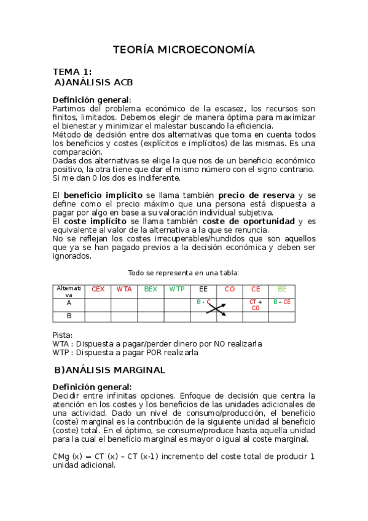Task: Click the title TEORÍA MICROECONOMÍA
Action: point(184,50)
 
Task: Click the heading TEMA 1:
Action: point(72,72)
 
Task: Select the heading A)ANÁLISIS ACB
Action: point(93,82)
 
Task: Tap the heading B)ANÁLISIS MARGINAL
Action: point(109,370)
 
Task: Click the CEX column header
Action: point(98,289)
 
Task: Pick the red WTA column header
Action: point(124,289)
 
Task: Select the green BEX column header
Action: point(151,289)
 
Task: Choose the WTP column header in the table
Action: point(177,289)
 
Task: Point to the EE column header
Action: point(203,289)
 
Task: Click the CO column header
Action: point(230,289)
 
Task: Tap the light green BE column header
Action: point(282,289)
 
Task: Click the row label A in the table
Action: point(69,302)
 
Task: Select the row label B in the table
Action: point(69,316)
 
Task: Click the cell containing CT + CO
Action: point(256,305)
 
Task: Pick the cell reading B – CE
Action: point(282,302)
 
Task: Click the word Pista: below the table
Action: point(63,335)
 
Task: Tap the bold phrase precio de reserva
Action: point(256,195)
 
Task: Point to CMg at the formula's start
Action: point(61,456)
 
